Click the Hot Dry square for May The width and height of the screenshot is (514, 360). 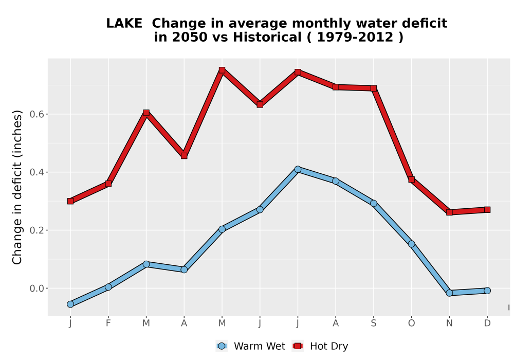[x=222, y=70]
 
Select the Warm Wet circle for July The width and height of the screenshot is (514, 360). [x=298, y=169]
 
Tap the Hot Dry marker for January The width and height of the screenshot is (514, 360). [x=70, y=201]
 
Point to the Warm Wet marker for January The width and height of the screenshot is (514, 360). [x=70, y=304]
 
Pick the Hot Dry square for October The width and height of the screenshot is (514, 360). [x=411, y=179]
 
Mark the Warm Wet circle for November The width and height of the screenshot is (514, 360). [x=449, y=293]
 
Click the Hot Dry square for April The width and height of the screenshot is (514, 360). [x=184, y=156]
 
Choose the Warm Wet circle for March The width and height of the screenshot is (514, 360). [x=146, y=264]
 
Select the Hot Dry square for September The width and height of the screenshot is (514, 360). [x=373, y=88]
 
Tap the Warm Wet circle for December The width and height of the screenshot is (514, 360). [x=487, y=291]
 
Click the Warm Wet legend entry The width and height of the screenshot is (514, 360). [x=251, y=346]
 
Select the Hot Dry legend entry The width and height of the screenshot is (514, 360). [x=320, y=346]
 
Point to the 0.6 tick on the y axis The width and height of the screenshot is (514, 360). [x=46, y=114]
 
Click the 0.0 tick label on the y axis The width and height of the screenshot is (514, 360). [x=36, y=289]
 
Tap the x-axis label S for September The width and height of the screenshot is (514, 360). [x=373, y=323]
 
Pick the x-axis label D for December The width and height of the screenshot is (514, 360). [x=487, y=323]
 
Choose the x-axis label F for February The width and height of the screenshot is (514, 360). [x=108, y=323]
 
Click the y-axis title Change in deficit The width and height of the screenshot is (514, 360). [x=17, y=187]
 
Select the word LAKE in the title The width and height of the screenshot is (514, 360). [x=124, y=23]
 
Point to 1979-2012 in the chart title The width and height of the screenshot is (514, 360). [x=355, y=37]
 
